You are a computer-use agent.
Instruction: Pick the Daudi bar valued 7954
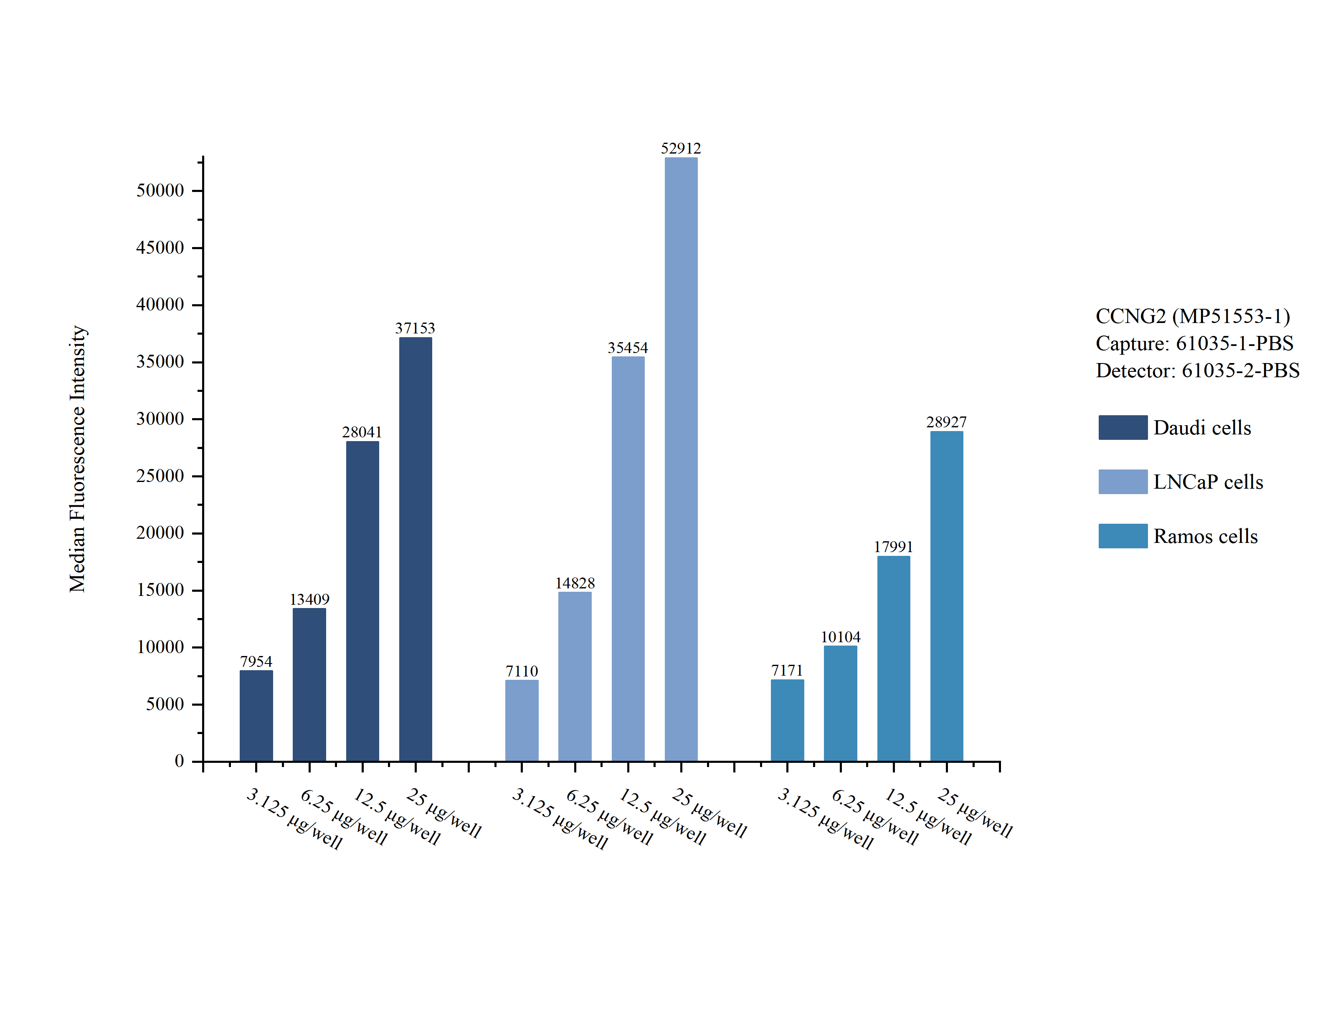(256, 715)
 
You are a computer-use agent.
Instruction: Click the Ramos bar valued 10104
(840, 703)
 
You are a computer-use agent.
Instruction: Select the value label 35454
(628, 348)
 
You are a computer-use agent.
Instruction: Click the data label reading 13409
(309, 599)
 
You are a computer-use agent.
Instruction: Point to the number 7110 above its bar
(522, 671)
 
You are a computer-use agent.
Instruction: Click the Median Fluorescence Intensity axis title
(78, 459)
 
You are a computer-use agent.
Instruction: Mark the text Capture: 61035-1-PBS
(1194, 343)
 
